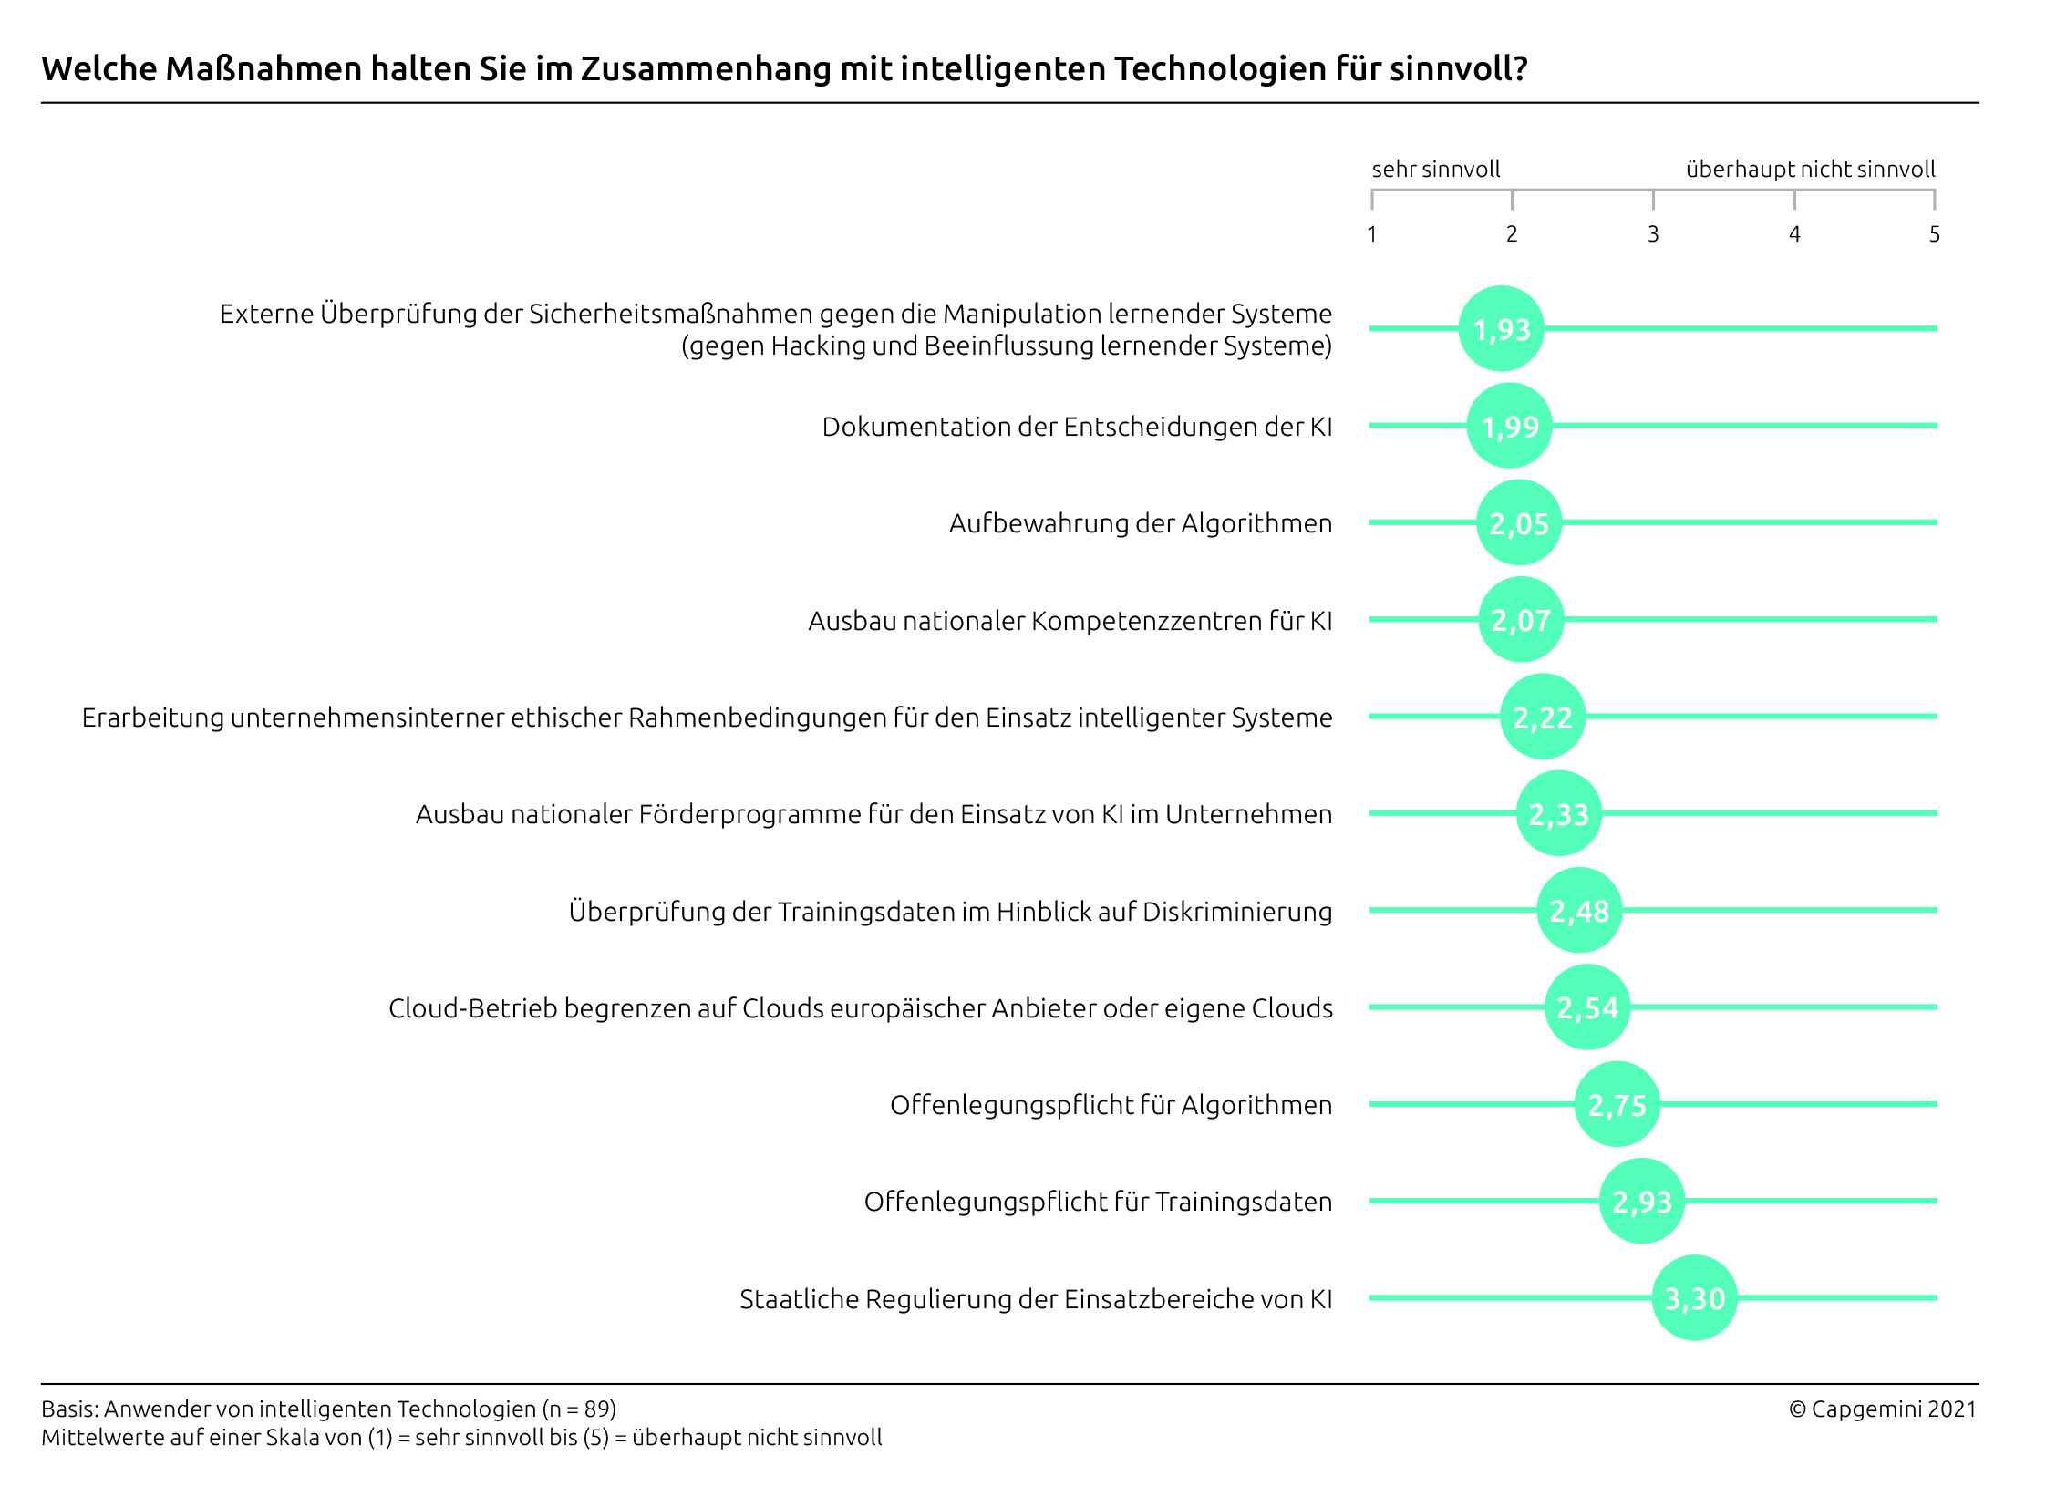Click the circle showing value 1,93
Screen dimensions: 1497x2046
click(1501, 328)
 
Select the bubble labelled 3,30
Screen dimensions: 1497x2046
click(1694, 1297)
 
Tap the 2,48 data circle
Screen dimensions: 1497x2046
click(1579, 910)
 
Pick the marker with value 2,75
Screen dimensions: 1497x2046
click(1617, 1104)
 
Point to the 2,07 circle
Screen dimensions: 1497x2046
click(1520, 620)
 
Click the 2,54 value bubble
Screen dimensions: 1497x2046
click(1586, 1007)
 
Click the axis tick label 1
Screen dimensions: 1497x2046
click(1371, 234)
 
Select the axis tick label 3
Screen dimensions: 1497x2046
click(1652, 234)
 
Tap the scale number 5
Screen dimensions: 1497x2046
click(1934, 234)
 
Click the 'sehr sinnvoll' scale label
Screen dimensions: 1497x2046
click(1435, 170)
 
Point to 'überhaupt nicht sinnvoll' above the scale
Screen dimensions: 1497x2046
click(1810, 170)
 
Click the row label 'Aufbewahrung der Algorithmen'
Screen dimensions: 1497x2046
click(1140, 523)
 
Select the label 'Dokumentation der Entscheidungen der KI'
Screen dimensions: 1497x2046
click(1076, 427)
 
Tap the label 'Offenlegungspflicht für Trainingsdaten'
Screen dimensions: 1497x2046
click(1097, 1202)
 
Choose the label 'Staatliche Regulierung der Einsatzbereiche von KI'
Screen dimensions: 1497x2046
click(1035, 1298)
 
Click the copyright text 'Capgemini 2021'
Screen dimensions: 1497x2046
click(1893, 1409)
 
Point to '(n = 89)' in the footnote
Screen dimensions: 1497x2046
click(579, 1409)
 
